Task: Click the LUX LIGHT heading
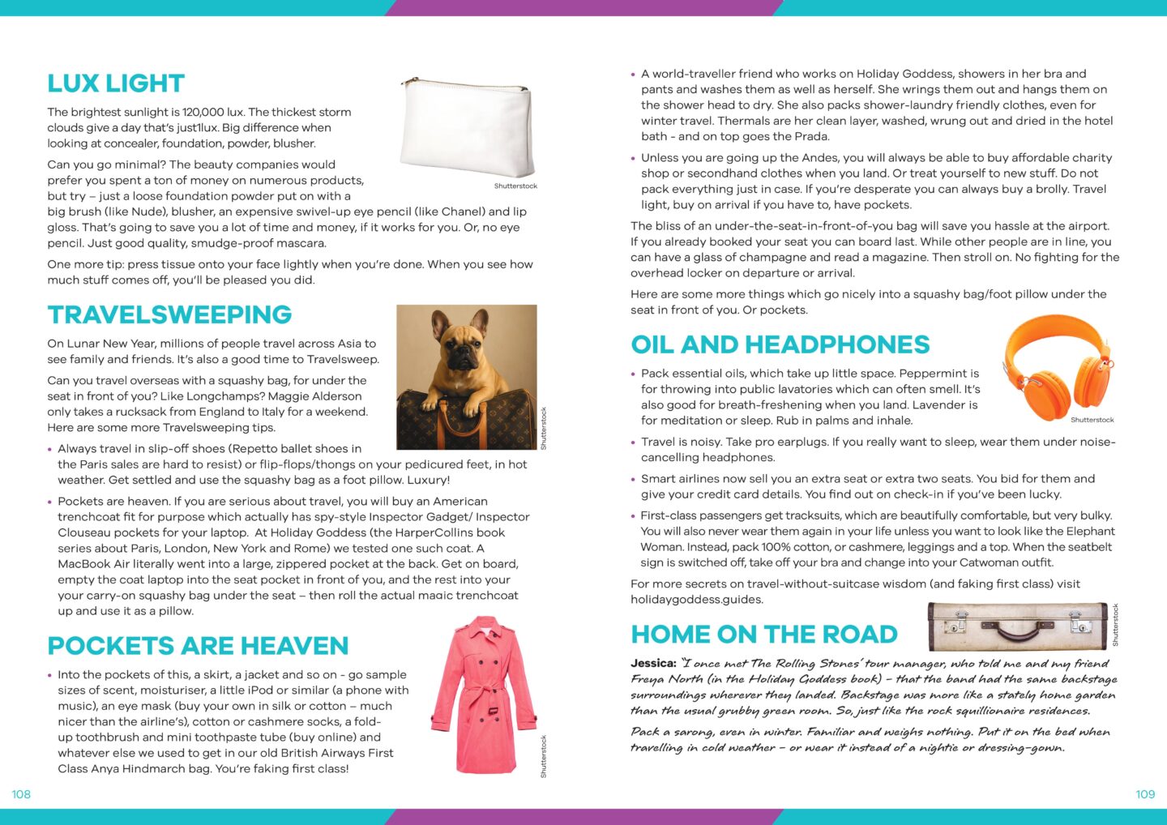pyautogui.click(x=116, y=83)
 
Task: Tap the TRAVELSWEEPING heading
pyautogui.click(x=169, y=314)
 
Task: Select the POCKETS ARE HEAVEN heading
pyautogui.click(x=198, y=646)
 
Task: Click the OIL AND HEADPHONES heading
pyautogui.click(x=780, y=344)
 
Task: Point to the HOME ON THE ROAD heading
pyautogui.click(x=764, y=634)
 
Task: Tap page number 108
pyautogui.click(x=21, y=794)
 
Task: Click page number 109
pyautogui.click(x=1144, y=794)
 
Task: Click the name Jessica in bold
pyautogui.click(x=653, y=663)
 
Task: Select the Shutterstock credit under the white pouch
pyautogui.click(x=515, y=186)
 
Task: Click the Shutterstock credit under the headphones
pyautogui.click(x=1092, y=420)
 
